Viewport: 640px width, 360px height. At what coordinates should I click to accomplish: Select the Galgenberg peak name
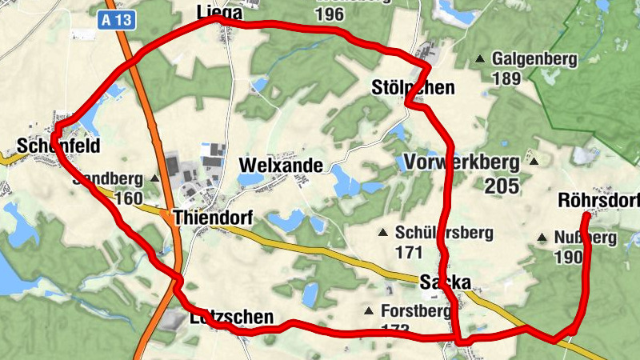point(534,58)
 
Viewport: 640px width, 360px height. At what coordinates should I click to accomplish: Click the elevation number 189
point(506,78)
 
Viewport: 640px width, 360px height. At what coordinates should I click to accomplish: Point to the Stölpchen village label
point(414,87)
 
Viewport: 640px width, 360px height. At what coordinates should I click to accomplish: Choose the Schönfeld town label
point(47,146)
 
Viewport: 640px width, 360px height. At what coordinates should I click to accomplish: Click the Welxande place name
point(281,166)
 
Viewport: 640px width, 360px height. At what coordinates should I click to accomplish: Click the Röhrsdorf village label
point(598,200)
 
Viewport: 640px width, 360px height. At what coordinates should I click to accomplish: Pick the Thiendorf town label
point(212,218)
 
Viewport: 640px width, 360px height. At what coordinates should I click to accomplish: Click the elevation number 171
point(408,252)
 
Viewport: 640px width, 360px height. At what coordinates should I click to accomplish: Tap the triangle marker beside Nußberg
point(542,238)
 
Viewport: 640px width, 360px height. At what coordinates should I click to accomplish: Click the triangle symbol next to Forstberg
point(368,310)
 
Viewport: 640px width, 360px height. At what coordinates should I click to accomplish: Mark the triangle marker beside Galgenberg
point(480,58)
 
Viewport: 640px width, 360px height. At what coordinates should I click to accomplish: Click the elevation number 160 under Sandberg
point(128,198)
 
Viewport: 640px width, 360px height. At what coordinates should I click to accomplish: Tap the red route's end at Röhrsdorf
point(586,215)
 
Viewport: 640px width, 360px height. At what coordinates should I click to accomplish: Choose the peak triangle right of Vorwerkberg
point(534,161)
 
